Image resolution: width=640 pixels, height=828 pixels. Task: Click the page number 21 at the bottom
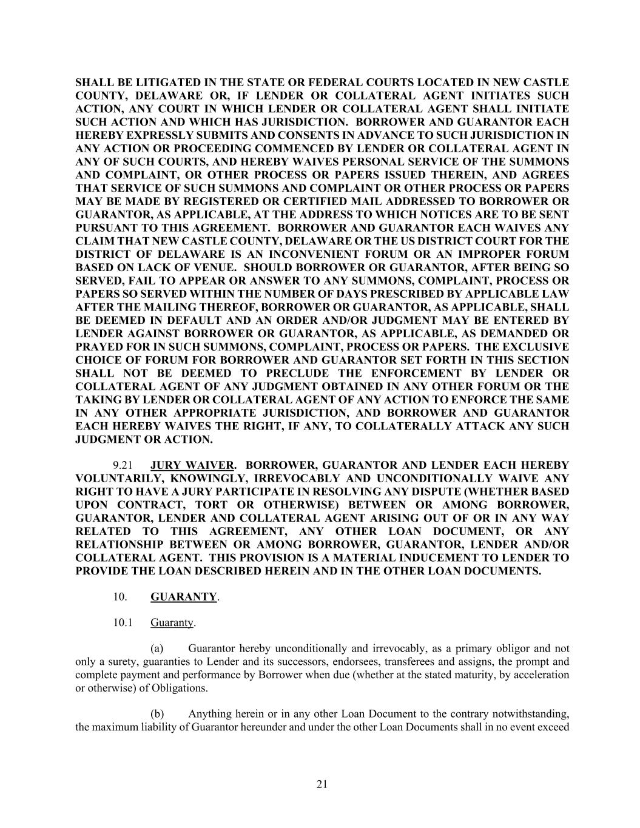pos(322,784)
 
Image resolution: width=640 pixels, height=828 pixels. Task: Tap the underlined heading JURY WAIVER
pos(192,465)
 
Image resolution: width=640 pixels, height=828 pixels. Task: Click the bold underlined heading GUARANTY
pos(183,596)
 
